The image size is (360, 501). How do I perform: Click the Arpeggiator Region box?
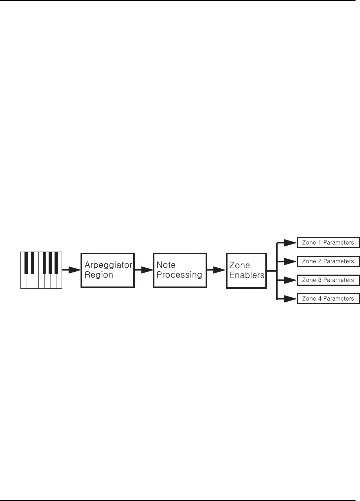pyautogui.click(x=107, y=270)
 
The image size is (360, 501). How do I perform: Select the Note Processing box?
pyautogui.click(x=180, y=270)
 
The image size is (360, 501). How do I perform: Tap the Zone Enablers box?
pyautogui.click(x=246, y=271)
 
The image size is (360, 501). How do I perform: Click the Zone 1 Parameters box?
pyautogui.click(x=328, y=243)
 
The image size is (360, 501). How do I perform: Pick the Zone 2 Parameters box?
pyautogui.click(x=328, y=261)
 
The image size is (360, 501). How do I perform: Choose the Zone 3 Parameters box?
pyautogui.click(x=328, y=280)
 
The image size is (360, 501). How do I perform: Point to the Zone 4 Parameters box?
pyautogui.click(x=328, y=299)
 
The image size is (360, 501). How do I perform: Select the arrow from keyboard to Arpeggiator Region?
pyautogui.click(x=71, y=270)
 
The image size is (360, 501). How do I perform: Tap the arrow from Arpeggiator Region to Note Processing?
pyautogui.click(x=144, y=270)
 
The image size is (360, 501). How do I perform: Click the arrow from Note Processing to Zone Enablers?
pyautogui.click(x=216, y=270)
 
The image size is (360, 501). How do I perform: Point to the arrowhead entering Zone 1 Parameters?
pyautogui.click(x=289, y=243)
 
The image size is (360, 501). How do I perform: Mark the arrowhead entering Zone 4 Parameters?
pyautogui.click(x=289, y=298)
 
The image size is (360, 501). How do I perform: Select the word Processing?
pyautogui.click(x=179, y=275)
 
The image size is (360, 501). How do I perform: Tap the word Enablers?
pyautogui.click(x=247, y=275)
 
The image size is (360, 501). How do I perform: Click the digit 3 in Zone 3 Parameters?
pyautogui.click(x=320, y=280)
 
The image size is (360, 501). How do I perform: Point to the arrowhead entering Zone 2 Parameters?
pyautogui.click(x=289, y=261)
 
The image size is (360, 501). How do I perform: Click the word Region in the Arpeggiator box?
pyautogui.click(x=99, y=275)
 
